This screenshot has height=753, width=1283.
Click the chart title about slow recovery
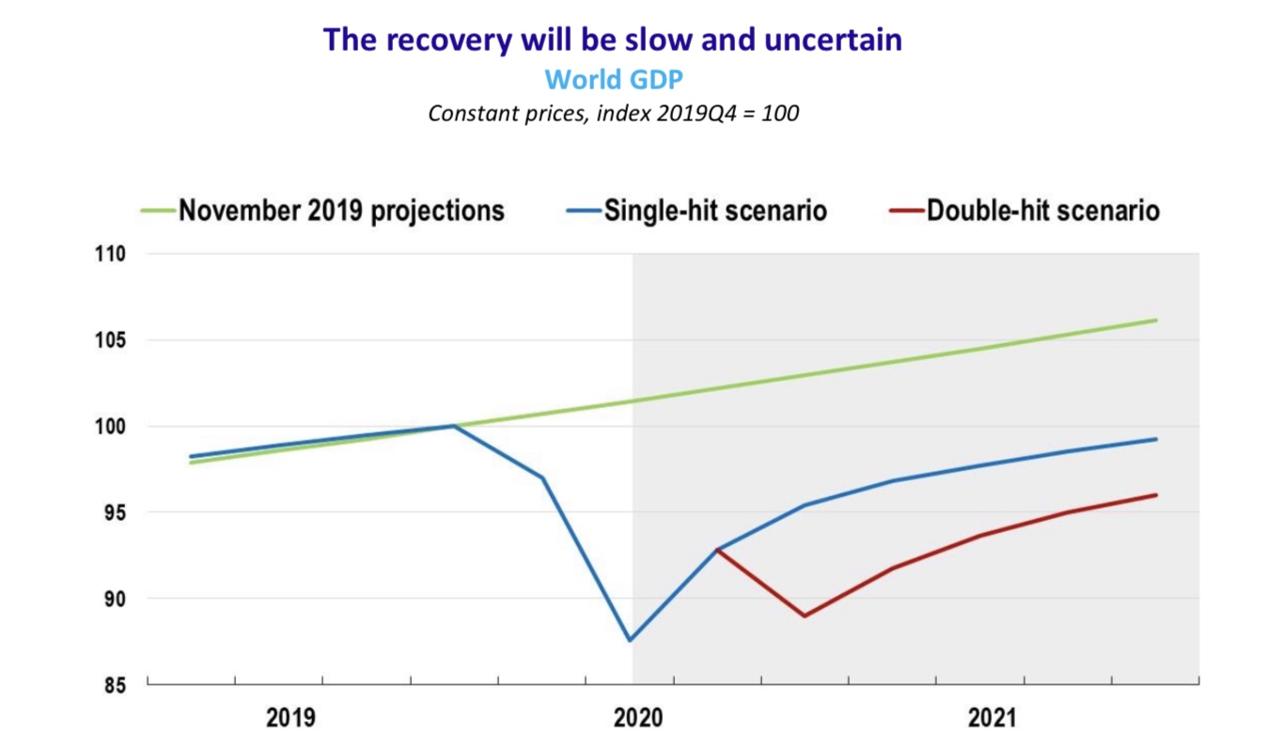coord(612,39)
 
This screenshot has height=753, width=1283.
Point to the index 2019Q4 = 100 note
coord(613,114)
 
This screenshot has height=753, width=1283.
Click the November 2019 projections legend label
coord(341,210)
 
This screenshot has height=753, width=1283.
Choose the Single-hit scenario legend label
coord(715,210)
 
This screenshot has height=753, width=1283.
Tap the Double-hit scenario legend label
coord(1042,210)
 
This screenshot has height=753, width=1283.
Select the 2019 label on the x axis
coord(290,719)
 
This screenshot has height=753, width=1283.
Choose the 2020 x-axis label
coord(638,719)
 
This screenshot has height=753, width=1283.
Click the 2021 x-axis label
coord(993,719)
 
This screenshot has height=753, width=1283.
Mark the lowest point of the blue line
coord(630,640)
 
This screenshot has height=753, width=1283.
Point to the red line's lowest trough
coord(805,616)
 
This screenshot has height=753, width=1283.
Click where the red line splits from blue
coord(717,549)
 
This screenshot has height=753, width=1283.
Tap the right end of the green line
coord(1156,321)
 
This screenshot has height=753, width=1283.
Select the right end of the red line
coord(1156,495)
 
